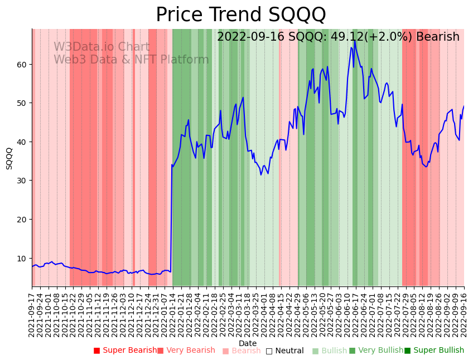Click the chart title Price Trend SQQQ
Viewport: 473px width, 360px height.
(240, 14)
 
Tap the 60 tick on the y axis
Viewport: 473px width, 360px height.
(22, 64)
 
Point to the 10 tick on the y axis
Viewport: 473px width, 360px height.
(22, 258)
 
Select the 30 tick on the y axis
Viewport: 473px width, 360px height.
(22, 181)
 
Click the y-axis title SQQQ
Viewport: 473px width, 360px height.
(9, 158)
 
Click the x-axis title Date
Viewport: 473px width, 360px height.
(248, 343)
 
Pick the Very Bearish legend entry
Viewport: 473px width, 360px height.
(186, 351)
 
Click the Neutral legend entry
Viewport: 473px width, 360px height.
(284, 351)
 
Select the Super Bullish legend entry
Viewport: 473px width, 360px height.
(434, 351)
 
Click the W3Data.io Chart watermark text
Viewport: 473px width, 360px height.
(102, 47)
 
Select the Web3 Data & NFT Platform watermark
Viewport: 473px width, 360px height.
(131, 60)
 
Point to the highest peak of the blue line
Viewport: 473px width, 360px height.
(355, 40)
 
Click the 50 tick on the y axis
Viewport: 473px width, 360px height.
(22, 103)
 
